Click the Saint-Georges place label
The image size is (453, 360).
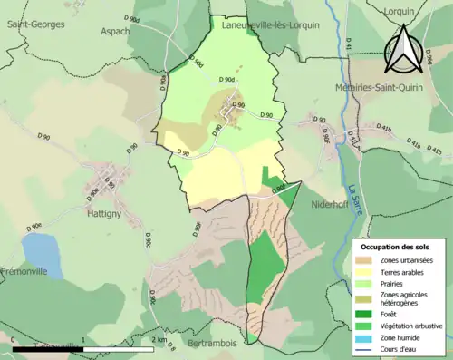[x=35, y=24]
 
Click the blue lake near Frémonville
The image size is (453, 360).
[x=42, y=255]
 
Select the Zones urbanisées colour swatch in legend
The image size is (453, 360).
[x=370, y=261]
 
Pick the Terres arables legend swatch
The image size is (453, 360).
[x=370, y=273]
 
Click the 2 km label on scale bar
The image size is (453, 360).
[x=160, y=339]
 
